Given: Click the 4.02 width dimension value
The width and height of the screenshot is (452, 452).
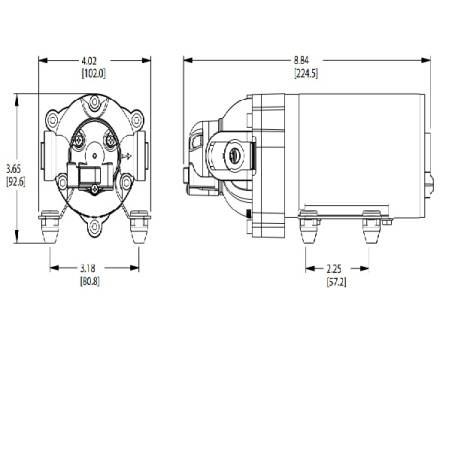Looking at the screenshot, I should click(x=94, y=63).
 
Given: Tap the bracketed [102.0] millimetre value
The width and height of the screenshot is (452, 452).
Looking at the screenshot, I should click(x=94, y=74).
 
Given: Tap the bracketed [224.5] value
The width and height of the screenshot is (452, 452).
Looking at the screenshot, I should click(x=306, y=74).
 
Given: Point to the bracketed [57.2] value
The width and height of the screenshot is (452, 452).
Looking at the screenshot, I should click(x=336, y=281).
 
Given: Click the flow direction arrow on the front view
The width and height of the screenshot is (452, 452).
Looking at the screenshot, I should click(x=130, y=157).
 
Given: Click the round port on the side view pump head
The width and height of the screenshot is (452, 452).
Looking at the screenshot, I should click(x=234, y=156).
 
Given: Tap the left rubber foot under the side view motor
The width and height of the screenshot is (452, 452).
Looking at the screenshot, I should click(x=310, y=228).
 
